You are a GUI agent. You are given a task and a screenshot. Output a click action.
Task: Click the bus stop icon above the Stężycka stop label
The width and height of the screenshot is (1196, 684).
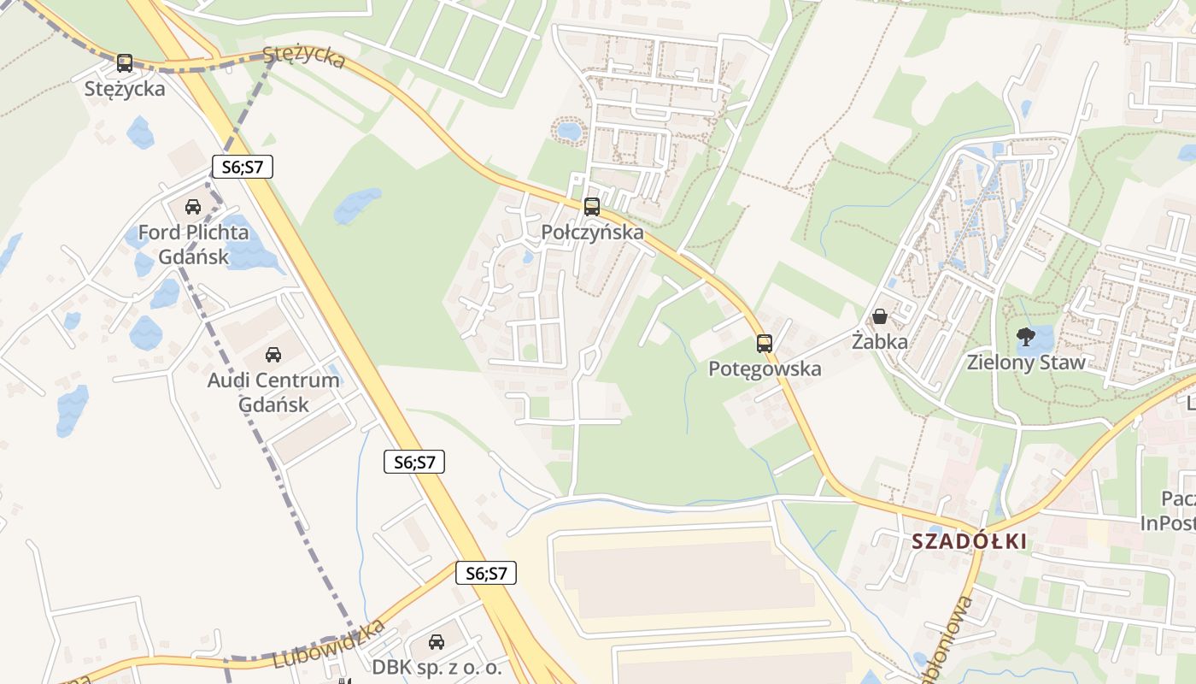pos(125,62)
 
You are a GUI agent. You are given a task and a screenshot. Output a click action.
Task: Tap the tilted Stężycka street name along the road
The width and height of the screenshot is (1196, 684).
pos(304,57)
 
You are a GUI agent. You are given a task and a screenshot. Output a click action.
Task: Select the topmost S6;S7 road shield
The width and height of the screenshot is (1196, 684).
pos(242,167)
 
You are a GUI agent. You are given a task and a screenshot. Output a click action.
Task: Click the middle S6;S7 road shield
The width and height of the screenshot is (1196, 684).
pos(414,463)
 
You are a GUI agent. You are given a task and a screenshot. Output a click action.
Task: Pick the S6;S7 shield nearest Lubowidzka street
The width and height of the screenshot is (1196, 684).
pos(486,573)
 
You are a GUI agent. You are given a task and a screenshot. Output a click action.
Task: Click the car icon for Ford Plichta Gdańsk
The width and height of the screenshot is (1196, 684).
pos(193,207)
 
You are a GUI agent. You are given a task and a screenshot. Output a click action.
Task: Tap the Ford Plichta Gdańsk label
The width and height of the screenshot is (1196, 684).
pos(193,245)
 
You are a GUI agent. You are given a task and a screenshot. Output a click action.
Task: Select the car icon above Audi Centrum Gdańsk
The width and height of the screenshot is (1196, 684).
pos(273,354)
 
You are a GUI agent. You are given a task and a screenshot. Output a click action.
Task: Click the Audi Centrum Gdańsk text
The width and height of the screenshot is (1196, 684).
pos(273,392)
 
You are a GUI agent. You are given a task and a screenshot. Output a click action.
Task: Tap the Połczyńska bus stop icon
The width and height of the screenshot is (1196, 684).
pos(591,207)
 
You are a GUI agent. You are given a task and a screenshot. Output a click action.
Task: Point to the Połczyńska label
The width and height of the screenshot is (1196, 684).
pos(592,233)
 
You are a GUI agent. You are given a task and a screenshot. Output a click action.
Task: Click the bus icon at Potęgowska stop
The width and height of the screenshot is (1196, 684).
pos(765,344)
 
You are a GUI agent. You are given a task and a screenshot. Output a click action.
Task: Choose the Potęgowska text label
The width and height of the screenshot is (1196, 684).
pos(765,369)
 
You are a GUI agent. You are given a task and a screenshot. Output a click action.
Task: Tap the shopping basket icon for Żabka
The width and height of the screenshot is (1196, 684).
pos(879,317)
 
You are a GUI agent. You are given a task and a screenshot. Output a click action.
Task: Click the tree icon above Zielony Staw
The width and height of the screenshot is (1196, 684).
pos(1025,336)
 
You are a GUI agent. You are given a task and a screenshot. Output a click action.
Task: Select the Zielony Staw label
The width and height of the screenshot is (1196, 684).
pos(1025,363)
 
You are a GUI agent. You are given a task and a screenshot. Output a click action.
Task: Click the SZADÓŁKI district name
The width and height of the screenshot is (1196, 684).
pos(969,542)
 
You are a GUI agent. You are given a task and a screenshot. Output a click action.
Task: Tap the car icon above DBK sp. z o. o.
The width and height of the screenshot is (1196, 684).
pos(437,641)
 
